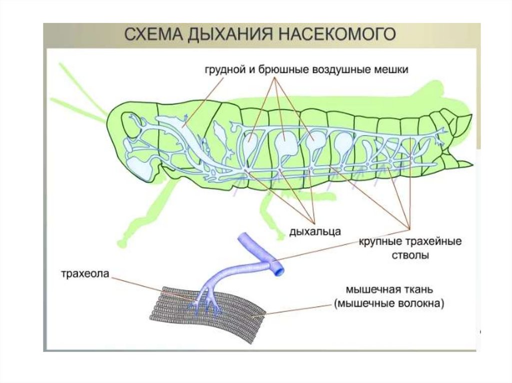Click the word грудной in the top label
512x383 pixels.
pyautogui.click(x=223, y=70)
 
